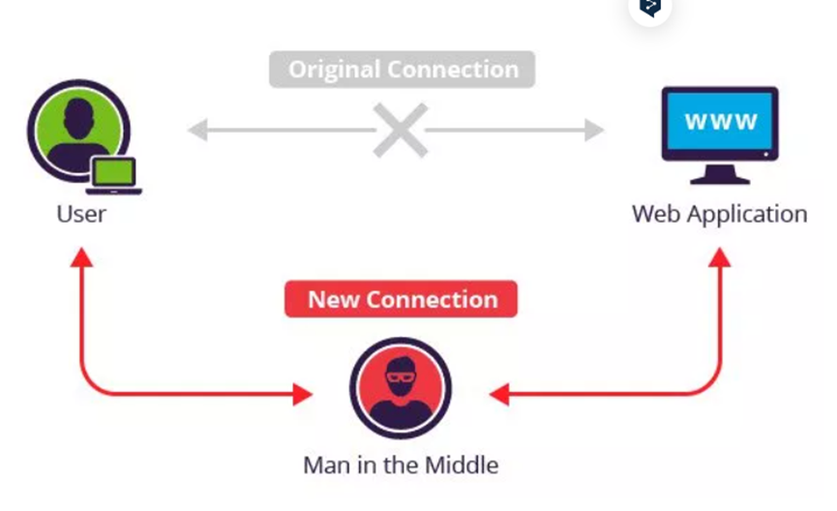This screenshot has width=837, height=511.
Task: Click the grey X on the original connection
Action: pyautogui.click(x=400, y=130)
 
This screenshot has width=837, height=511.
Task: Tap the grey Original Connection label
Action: pyautogui.click(x=402, y=70)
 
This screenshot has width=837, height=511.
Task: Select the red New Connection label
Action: pyautogui.click(x=402, y=299)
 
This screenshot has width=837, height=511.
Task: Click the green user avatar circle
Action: pyautogui.click(x=78, y=127)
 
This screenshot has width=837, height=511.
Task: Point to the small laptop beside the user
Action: pyautogui.click(x=113, y=176)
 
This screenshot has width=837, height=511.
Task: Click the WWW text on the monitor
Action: pyautogui.click(x=720, y=123)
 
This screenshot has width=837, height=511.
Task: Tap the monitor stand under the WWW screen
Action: pyautogui.click(x=720, y=175)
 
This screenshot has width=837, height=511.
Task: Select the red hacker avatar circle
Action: pyautogui.click(x=400, y=388)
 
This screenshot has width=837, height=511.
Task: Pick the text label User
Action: pyautogui.click(x=81, y=214)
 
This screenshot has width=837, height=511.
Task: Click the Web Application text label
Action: pyautogui.click(x=719, y=214)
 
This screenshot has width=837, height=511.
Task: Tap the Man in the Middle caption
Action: pyautogui.click(x=401, y=465)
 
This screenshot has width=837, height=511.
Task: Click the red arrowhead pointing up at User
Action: pyautogui.click(x=81, y=256)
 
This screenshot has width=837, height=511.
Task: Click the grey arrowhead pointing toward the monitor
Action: pyautogui.click(x=594, y=130)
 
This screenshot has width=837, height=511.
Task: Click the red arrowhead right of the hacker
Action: pyautogui.click(x=499, y=394)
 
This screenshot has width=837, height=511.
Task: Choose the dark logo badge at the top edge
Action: pyautogui.click(x=650, y=8)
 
